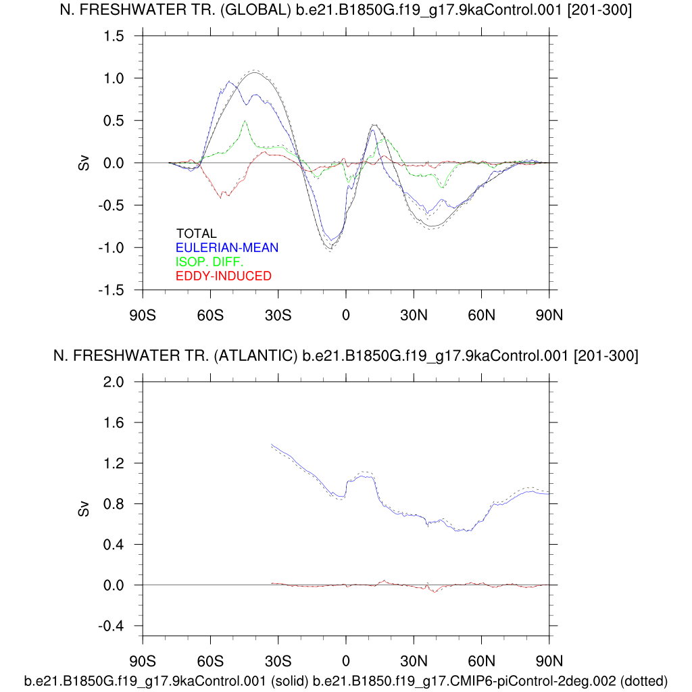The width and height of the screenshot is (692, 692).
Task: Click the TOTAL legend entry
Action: click(x=197, y=234)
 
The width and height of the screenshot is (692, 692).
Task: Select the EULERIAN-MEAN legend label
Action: click(x=227, y=248)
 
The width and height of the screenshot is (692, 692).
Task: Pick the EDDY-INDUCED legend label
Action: click(x=223, y=276)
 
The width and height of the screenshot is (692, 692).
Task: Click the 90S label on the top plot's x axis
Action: click(x=143, y=314)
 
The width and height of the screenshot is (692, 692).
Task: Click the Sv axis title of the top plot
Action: click(x=84, y=164)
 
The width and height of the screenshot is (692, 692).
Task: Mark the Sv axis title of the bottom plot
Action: click(x=84, y=509)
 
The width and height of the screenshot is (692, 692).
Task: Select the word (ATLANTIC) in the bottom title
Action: click(x=256, y=356)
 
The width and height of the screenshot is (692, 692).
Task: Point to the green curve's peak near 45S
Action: click(x=245, y=121)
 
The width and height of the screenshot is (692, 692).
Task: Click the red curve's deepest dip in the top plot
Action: click(x=220, y=197)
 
